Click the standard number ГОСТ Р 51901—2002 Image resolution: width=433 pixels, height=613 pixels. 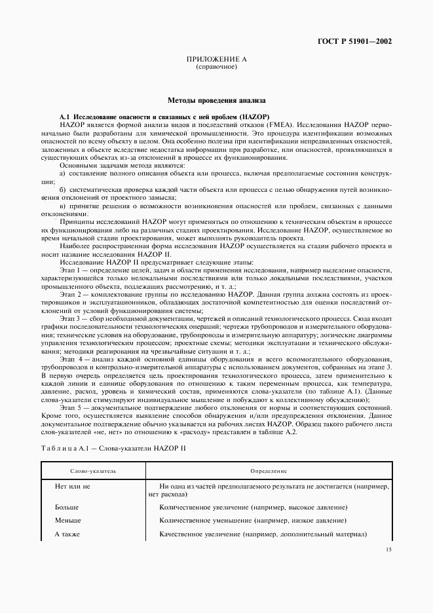pyautogui.click(x=355, y=41)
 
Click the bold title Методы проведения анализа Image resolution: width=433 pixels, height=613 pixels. pyautogui.click(x=216, y=101)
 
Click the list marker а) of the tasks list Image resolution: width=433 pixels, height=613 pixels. pyautogui.click(x=63, y=174)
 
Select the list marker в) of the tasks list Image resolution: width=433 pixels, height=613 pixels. pyautogui.click(x=63, y=206)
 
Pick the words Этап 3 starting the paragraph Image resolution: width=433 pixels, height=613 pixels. pyautogui.click(x=69, y=317)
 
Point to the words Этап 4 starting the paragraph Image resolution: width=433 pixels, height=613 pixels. pyautogui.click(x=69, y=360)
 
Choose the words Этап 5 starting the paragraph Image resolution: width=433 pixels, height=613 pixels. pyautogui.click(x=69, y=407)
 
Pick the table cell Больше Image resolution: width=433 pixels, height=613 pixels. pyautogui.click(x=67, y=508)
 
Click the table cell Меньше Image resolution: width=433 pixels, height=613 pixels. pyautogui.click(x=67, y=521)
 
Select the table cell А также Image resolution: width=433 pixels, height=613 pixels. pyautogui.click(x=67, y=534)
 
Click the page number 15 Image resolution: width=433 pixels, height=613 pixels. pyautogui.click(x=388, y=550)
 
